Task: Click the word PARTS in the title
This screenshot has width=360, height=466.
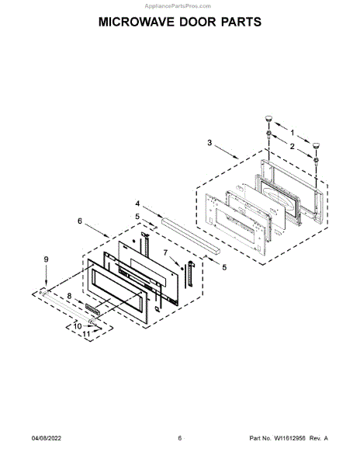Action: pyautogui.click(x=241, y=22)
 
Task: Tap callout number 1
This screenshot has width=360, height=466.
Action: pyautogui.click(x=292, y=133)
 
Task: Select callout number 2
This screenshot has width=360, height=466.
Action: pyautogui.click(x=292, y=146)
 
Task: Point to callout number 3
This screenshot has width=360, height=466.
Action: pyautogui.click(x=209, y=143)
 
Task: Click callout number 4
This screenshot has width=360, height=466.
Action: pyautogui.click(x=137, y=203)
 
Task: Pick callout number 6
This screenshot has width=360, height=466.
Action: pyautogui.click(x=80, y=221)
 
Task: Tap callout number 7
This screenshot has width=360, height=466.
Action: pyautogui.click(x=165, y=252)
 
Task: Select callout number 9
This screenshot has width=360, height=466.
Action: pyautogui.click(x=78, y=326)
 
